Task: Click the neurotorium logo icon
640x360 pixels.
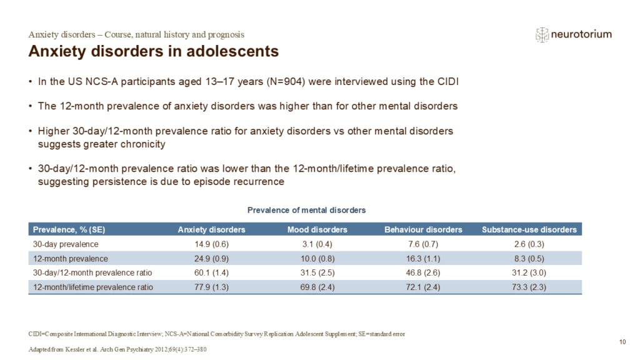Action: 542,35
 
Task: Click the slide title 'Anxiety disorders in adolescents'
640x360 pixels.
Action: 154,51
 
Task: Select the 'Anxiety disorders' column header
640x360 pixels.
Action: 211,230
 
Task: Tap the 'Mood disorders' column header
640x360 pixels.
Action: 317,230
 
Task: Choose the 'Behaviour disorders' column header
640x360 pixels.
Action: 423,230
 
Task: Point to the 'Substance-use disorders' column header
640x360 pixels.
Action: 529,230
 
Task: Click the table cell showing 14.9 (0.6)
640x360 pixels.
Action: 211,244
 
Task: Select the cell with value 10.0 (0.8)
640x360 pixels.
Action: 317,259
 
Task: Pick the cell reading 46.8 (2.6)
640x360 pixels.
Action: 423,272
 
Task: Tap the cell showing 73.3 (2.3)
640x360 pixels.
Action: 529,287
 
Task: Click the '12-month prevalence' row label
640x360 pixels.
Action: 71,259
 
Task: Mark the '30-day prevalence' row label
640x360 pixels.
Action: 66,244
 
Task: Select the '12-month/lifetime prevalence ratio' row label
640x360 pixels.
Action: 93,287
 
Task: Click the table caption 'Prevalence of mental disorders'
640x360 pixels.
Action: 306,210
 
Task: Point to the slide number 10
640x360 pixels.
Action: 622,342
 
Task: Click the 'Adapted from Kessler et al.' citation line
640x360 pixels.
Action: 117,349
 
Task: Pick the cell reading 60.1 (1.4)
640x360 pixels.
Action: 211,272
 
